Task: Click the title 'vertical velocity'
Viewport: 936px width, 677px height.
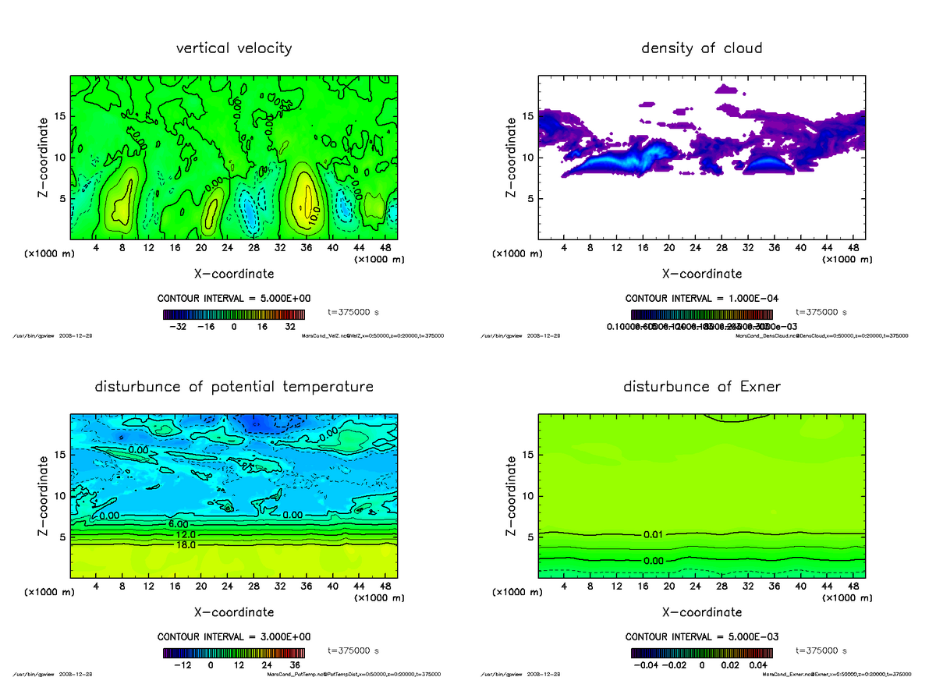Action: (x=234, y=48)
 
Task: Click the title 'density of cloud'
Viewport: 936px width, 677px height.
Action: (x=701, y=48)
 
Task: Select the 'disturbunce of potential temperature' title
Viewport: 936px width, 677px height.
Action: (x=234, y=387)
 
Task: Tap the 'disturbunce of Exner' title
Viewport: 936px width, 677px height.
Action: (x=701, y=387)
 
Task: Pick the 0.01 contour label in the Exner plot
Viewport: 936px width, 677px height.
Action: (x=654, y=534)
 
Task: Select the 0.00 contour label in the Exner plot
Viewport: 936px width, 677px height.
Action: (x=654, y=560)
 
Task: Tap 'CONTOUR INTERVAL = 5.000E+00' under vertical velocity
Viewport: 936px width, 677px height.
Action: (x=234, y=299)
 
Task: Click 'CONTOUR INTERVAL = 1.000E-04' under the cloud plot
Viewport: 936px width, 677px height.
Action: (x=701, y=299)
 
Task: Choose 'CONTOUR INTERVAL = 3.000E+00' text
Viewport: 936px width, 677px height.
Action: (x=234, y=636)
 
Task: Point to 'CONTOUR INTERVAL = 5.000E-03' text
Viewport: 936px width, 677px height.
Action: (x=701, y=636)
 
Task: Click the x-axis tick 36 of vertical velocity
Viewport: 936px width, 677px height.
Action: (x=305, y=248)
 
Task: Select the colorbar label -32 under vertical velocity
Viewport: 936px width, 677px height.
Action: (x=177, y=327)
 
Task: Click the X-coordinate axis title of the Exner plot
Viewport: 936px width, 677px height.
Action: (x=701, y=612)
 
